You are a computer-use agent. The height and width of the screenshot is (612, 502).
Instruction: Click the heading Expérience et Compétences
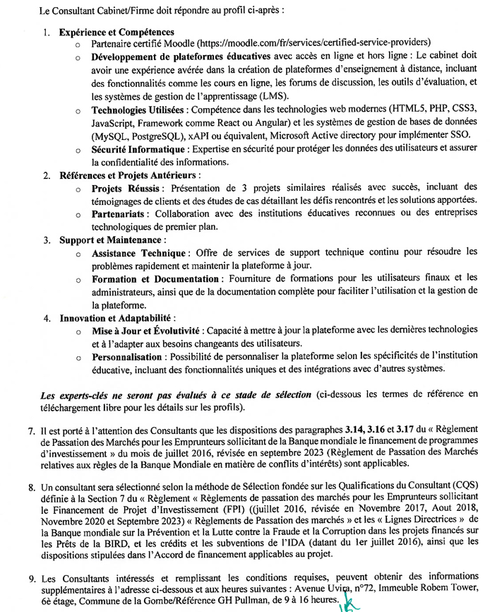click(116, 33)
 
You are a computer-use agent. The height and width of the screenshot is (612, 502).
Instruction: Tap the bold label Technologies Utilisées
click(138, 111)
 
